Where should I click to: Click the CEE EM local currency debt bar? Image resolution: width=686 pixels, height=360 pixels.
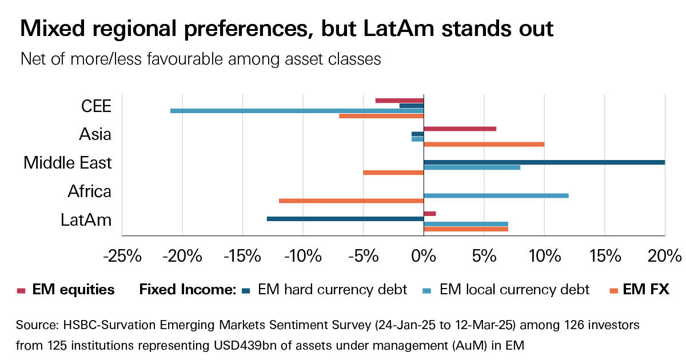click(297, 111)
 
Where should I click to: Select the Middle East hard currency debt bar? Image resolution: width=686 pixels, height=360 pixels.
click(544, 162)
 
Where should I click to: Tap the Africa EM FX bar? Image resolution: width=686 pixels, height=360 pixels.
click(351, 201)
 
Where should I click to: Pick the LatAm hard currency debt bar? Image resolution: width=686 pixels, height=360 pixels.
click(345, 219)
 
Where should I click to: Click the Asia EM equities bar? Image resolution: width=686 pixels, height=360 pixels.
click(460, 129)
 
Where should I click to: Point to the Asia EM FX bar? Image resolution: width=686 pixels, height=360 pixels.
click(484, 144)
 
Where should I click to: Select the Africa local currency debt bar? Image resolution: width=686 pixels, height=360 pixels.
click(496, 195)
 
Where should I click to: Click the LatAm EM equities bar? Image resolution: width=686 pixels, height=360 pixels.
click(430, 214)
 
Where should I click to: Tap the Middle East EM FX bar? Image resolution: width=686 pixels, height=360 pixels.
click(393, 173)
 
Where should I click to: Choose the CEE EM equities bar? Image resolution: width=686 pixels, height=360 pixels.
click(399, 101)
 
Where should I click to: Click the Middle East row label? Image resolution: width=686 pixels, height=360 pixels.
click(67, 163)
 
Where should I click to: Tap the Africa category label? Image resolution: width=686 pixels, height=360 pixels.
click(89, 191)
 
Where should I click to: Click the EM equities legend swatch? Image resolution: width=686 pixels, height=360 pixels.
click(22, 290)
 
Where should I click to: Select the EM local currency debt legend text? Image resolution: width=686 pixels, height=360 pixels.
click(514, 290)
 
